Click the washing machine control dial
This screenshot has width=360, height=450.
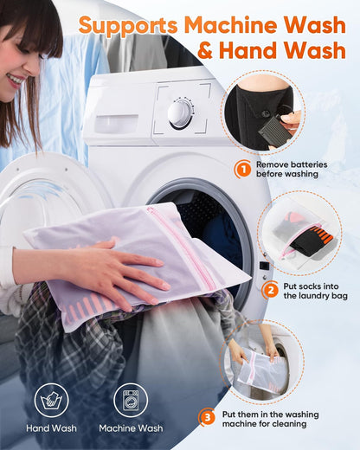[x=180, y=113]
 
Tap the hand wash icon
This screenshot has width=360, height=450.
[x=51, y=400]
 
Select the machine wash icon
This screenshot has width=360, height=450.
[x=131, y=400]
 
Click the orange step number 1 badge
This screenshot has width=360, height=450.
[x=242, y=169]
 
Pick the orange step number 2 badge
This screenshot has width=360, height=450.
[x=270, y=290]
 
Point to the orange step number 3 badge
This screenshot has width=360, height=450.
[x=207, y=417]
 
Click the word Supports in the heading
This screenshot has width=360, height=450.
[x=128, y=26]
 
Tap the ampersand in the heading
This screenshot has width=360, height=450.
[x=206, y=50]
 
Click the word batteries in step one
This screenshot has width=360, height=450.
[x=309, y=164]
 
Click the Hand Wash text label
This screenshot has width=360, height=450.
[x=51, y=428]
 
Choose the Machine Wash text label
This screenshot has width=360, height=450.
[x=131, y=428]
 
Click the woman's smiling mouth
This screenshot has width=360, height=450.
[x=15, y=80]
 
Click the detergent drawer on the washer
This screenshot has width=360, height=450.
[x=117, y=124]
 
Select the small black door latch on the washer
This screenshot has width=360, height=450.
[x=264, y=266]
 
